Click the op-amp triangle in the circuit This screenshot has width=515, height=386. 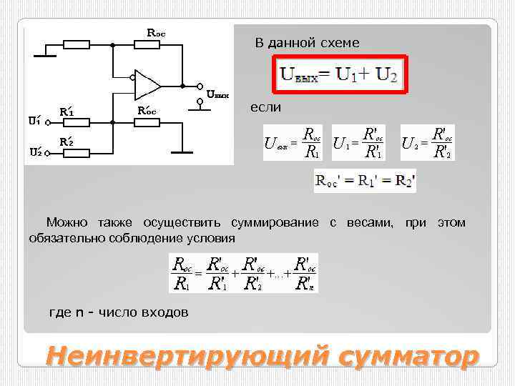pyautogui.click(x=147, y=84)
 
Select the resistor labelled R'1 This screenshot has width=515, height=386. pyautogui.click(x=77, y=122)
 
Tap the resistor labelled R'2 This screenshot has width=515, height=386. pyautogui.click(x=77, y=152)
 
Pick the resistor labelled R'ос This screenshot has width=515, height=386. pyautogui.click(x=148, y=122)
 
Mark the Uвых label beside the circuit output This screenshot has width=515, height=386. pyautogui.click(x=217, y=94)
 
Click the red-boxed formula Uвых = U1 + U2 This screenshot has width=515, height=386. pyautogui.click(x=339, y=74)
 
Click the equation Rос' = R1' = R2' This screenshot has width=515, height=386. pyautogui.click(x=365, y=181)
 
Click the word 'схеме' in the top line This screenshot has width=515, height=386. pyautogui.click(x=340, y=43)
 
